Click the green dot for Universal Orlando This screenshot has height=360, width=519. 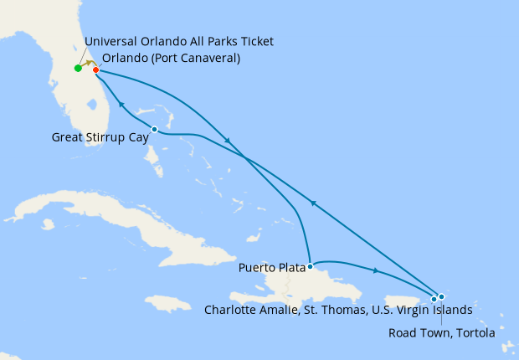(78, 68)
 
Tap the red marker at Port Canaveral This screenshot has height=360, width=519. (95, 69)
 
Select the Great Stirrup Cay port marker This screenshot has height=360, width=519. (155, 129)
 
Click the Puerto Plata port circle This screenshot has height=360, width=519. (310, 267)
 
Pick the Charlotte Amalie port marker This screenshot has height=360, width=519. (434, 299)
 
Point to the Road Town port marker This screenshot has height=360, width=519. (441, 296)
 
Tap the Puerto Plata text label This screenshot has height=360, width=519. (271, 269)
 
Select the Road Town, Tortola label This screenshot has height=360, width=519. (442, 332)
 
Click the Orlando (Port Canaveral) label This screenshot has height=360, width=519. (171, 59)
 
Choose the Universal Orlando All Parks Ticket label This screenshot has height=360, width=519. (179, 42)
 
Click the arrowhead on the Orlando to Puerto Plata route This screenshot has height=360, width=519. (229, 141)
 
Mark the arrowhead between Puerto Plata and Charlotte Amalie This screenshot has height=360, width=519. (376, 270)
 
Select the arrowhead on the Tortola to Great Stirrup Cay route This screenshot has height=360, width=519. (312, 203)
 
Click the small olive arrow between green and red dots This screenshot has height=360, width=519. (87, 64)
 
